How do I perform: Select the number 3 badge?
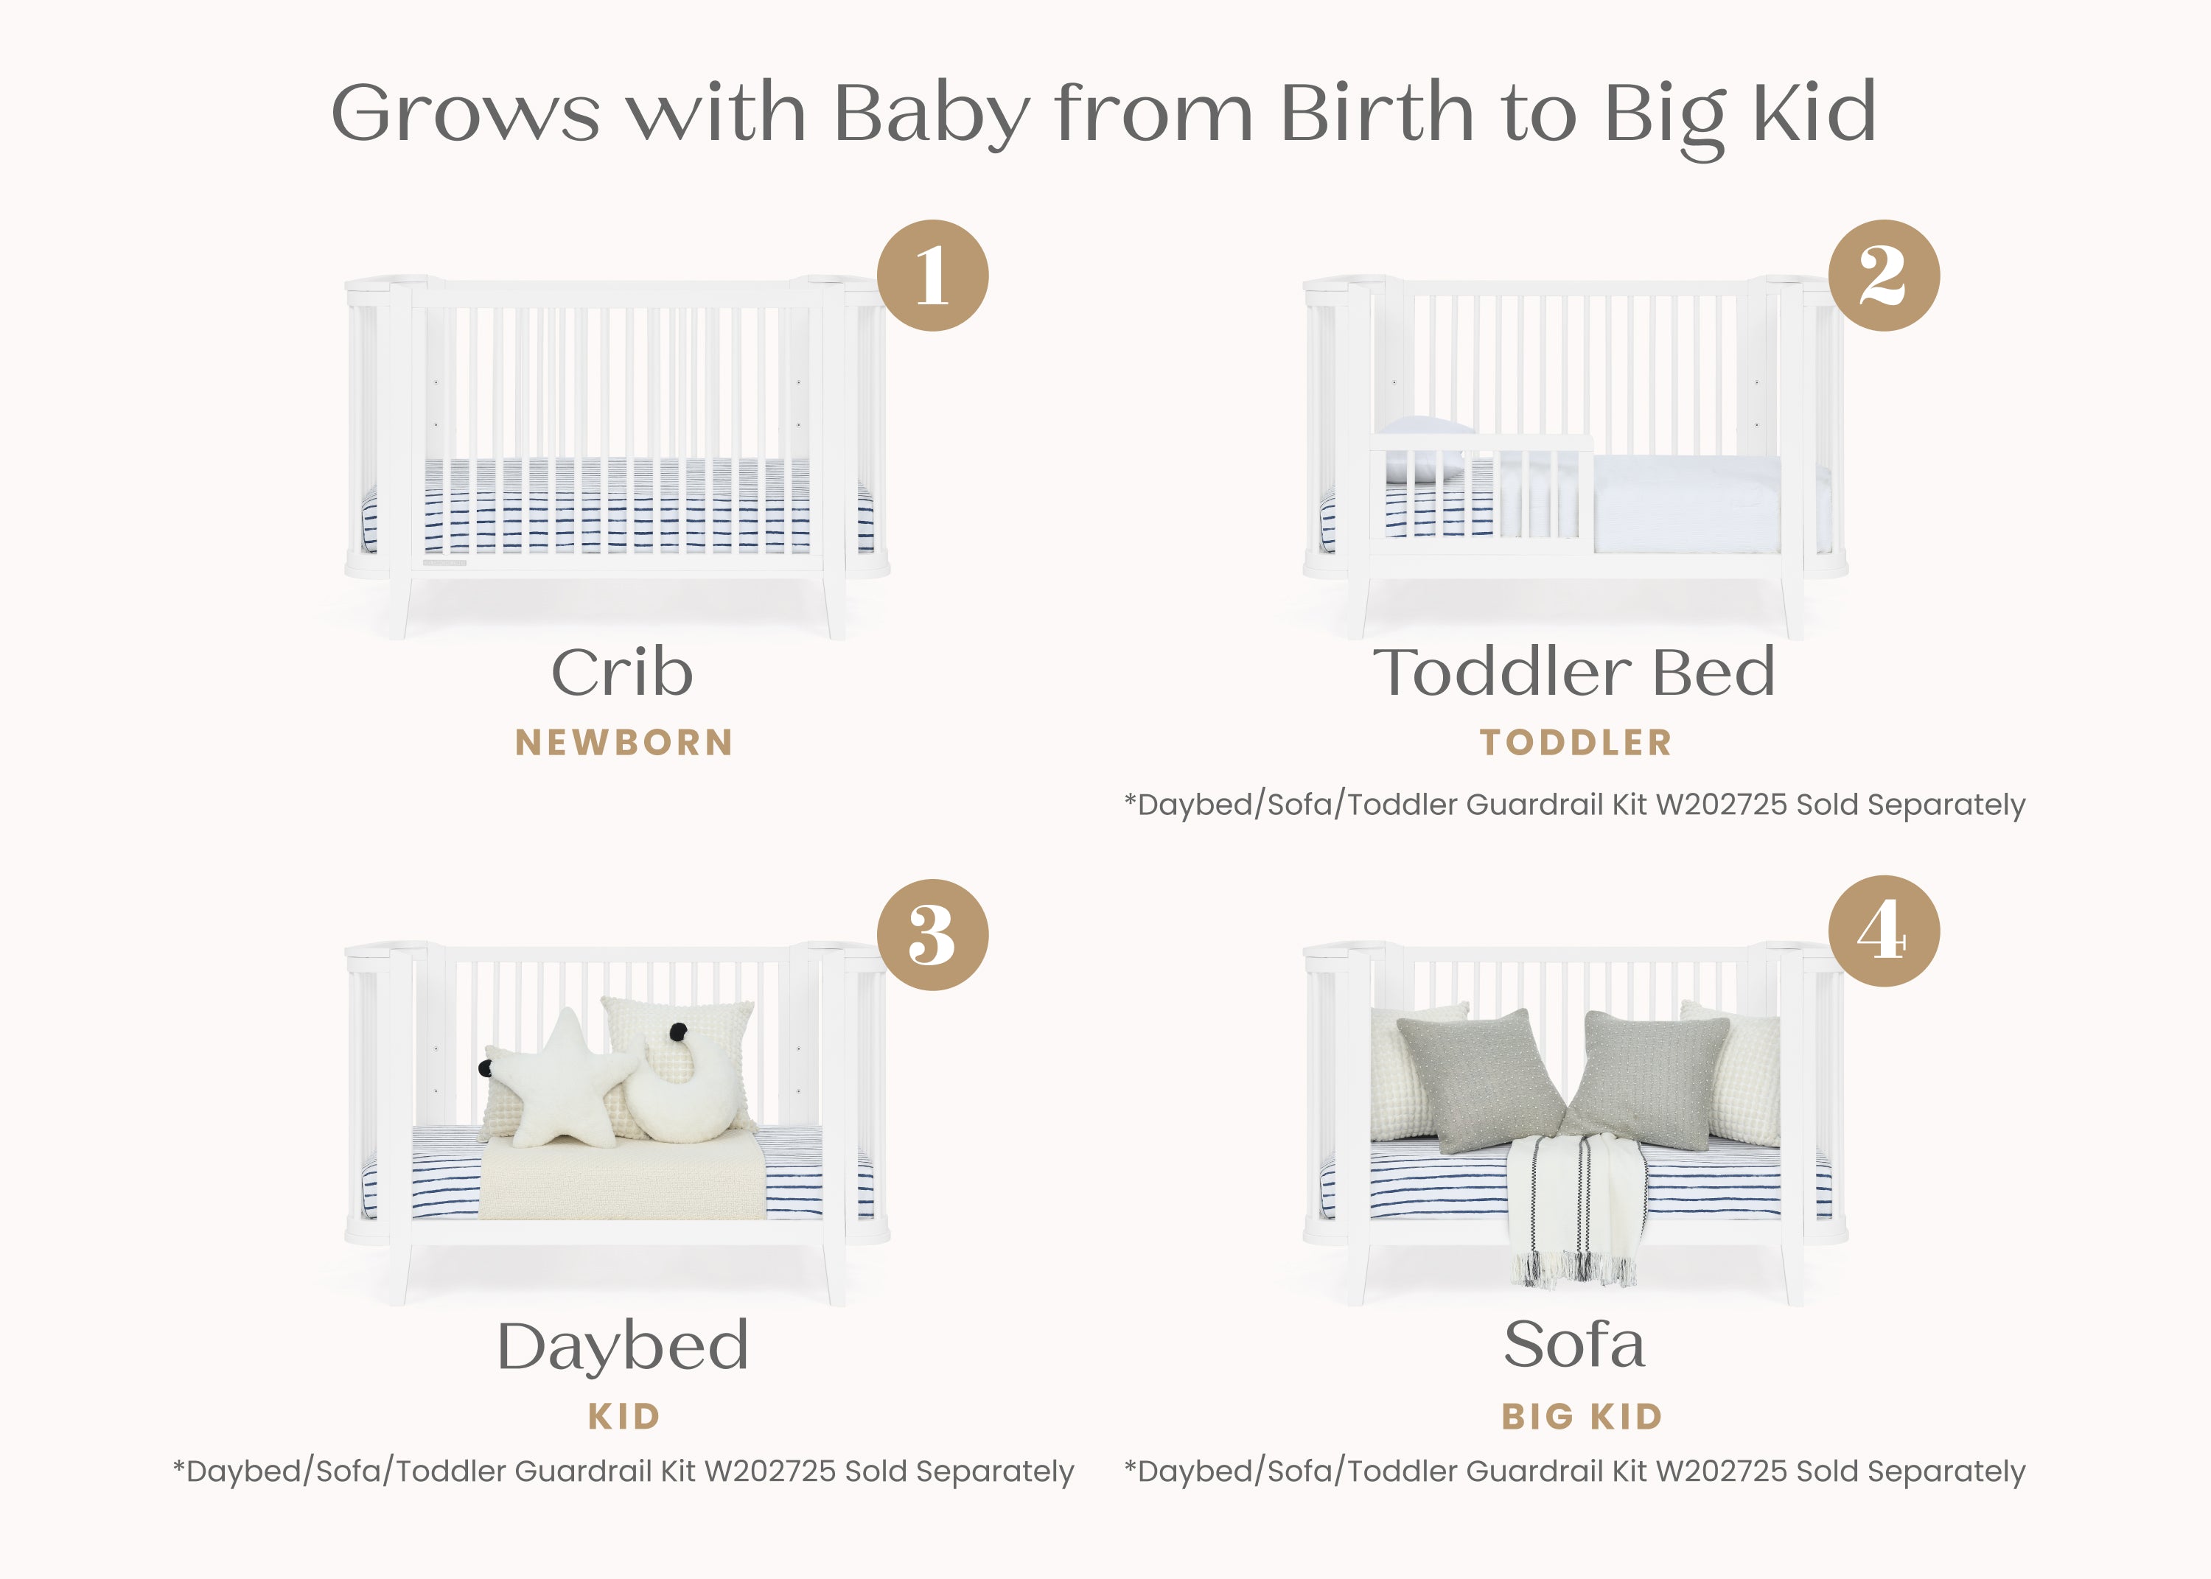click(x=932, y=934)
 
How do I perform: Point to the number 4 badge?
click(x=1883, y=931)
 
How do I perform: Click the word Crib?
click(x=622, y=672)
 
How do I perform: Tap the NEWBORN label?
click(x=624, y=743)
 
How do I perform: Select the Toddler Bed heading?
click(x=1574, y=672)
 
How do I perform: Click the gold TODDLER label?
click(x=1575, y=743)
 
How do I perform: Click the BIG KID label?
click(x=1582, y=1417)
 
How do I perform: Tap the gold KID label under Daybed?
click(x=624, y=1417)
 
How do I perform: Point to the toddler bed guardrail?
click(x=1483, y=491)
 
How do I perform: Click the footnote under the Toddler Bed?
click(x=1574, y=805)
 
